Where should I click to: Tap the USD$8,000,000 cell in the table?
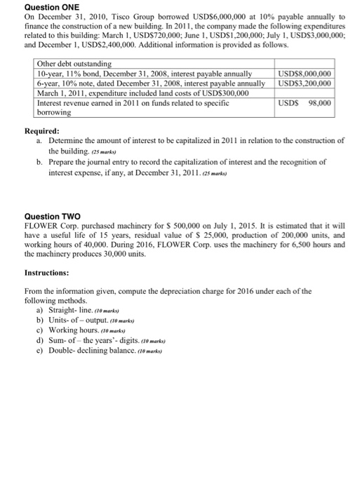tap(305, 74)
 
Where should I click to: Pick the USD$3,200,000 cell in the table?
tap(305, 83)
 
